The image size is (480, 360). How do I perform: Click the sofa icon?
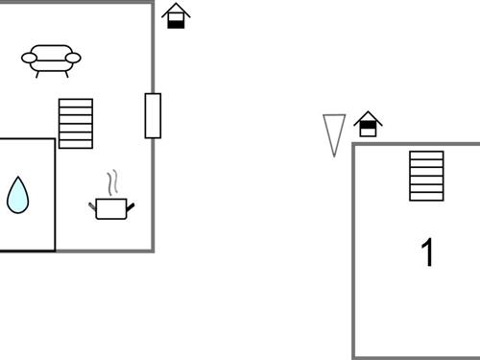click(50, 60)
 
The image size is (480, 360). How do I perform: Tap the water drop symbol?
click(18, 195)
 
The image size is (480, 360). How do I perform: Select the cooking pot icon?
click(109, 207)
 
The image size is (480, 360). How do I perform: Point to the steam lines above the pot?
click(112, 181)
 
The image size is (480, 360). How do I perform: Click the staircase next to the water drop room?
click(76, 123)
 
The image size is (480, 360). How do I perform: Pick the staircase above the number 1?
click(426, 176)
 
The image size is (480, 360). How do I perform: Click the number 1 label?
click(428, 252)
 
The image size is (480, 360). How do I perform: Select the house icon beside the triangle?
click(368, 125)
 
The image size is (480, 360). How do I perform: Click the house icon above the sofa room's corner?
click(176, 16)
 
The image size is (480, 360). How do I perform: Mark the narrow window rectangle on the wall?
click(153, 115)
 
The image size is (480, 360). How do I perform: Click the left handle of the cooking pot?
click(93, 204)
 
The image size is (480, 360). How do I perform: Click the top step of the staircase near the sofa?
click(76, 102)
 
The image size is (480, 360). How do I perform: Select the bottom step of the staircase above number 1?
click(426, 196)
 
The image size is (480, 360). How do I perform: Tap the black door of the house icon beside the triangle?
click(368, 130)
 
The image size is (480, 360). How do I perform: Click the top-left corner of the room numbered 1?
click(353, 145)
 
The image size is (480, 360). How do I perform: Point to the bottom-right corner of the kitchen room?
click(153, 251)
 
